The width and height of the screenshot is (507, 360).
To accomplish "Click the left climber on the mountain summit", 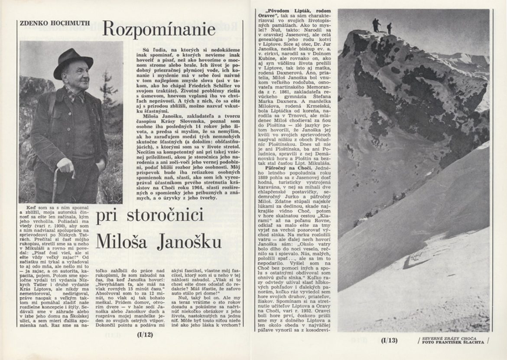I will tap(375, 25).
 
